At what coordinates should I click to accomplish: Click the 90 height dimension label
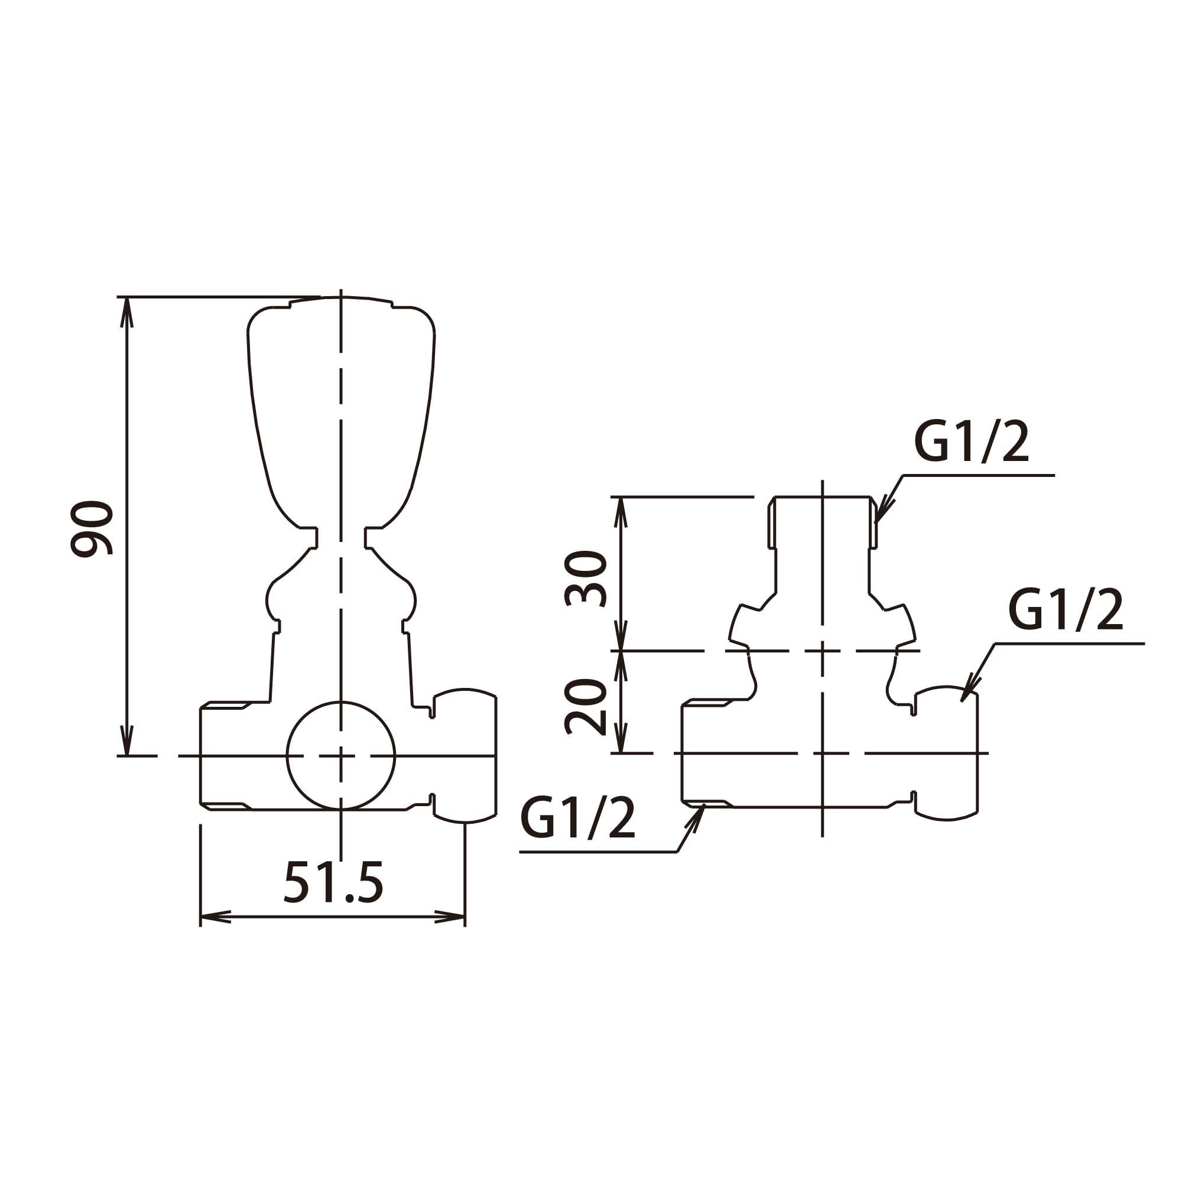(x=92, y=528)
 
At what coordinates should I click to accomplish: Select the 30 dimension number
(x=586, y=578)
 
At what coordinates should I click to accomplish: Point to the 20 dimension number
(x=586, y=706)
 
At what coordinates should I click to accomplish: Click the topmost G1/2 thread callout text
(x=972, y=442)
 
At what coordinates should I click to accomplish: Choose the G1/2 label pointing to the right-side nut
(x=1066, y=610)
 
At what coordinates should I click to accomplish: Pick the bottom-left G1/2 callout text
(x=578, y=818)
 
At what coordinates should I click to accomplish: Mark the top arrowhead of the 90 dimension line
(x=126, y=313)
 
